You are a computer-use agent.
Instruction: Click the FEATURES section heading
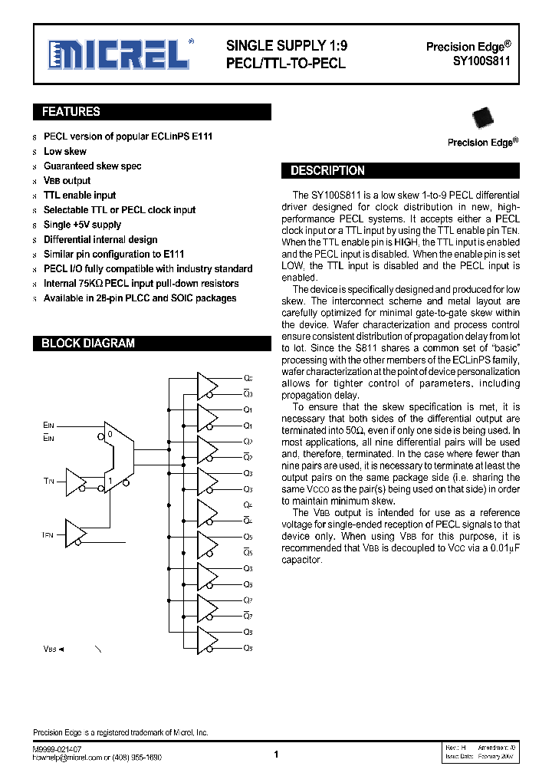click(x=71, y=112)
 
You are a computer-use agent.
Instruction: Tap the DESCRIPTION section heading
click(x=327, y=171)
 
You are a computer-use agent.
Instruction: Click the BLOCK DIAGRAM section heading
click(x=88, y=344)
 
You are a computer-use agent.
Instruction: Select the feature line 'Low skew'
click(x=65, y=152)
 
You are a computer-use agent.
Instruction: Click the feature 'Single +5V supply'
click(x=82, y=225)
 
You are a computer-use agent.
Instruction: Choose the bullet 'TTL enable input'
click(x=80, y=196)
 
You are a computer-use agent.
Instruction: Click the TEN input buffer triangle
click(x=77, y=532)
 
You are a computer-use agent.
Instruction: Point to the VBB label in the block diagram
click(x=51, y=649)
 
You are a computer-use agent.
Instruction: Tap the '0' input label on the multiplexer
click(x=110, y=435)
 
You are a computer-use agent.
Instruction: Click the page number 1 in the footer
click(x=276, y=755)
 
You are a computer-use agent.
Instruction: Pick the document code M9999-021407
click(x=58, y=748)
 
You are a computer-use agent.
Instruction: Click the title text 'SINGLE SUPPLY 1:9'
click(x=287, y=47)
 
